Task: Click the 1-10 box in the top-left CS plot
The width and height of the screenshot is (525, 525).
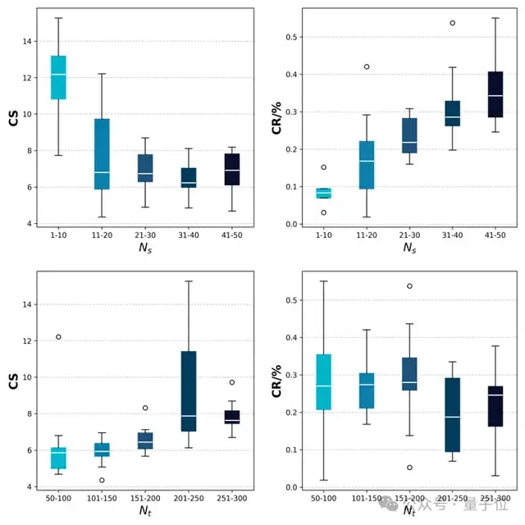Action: coord(58,77)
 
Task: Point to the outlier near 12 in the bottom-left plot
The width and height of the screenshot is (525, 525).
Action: coord(58,337)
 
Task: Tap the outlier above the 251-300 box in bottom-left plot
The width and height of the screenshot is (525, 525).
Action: coord(232,382)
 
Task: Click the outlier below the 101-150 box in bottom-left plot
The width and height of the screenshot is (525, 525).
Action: coord(102,480)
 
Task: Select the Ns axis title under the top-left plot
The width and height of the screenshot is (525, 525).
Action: coord(145,246)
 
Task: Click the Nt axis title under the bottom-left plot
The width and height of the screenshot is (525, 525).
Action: coord(145,509)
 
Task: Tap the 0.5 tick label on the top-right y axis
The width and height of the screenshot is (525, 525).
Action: coord(289,37)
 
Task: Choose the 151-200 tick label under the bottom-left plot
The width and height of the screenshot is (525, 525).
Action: coord(145,496)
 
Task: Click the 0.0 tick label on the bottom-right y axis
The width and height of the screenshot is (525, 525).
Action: coord(289,487)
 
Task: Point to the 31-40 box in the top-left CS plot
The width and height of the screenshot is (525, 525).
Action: coord(189,177)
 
